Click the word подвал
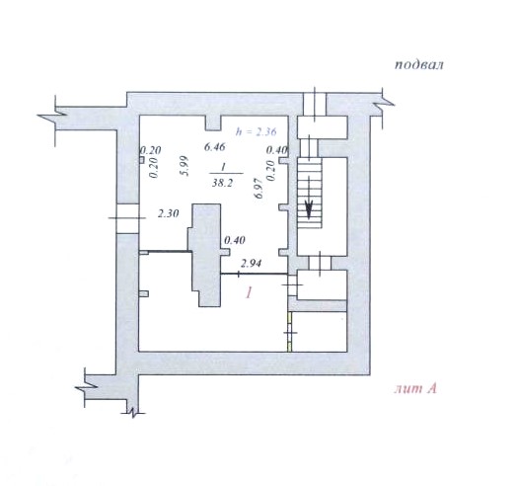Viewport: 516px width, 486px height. click(418, 64)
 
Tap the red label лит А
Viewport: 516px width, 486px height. click(415, 389)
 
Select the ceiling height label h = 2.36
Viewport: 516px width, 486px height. click(256, 131)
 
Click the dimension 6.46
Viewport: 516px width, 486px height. click(214, 146)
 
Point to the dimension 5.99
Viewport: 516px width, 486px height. click(184, 166)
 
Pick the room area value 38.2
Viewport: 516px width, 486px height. click(222, 183)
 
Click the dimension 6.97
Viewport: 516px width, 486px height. click(259, 188)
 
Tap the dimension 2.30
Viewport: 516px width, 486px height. click(168, 213)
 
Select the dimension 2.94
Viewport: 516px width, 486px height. click(251, 264)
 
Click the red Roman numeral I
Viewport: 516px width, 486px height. click(249, 292)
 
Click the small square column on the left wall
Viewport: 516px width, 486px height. click(141, 160)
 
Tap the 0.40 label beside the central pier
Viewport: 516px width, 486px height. click(235, 240)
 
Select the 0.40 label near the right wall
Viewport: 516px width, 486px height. click(277, 150)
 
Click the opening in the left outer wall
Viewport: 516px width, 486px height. click(127, 218)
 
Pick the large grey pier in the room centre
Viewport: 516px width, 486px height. click(206, 256)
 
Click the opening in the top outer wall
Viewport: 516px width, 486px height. click(315, 104)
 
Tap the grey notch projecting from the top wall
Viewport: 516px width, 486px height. click(213, 122)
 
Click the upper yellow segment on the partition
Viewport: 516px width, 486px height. click(290, 319)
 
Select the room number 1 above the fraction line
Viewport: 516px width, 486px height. click(223, 167)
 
